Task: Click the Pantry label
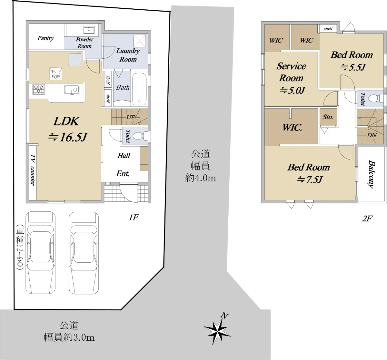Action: (45, 38)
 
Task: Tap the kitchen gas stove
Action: (39, 89)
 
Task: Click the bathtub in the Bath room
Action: (139, 89)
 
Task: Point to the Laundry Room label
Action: (128, 55)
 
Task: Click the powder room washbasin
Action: (89, 30)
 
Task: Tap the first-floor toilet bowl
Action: (140, 136)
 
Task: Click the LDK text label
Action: (66, 121)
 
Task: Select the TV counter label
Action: (33, 170)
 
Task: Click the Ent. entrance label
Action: (123, 173)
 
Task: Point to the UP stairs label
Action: (131, 117)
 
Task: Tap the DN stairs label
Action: (372, 135)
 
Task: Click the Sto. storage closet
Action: (328, 117)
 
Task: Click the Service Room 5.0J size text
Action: (292, 90)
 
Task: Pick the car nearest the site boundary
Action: (41, 253)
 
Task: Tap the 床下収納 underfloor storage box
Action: (56, 73)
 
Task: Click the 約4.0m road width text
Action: (201, 178)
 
